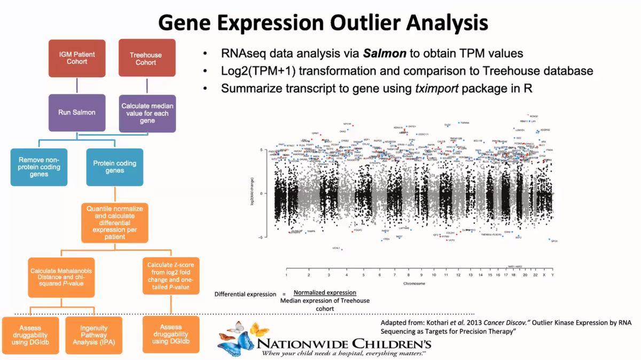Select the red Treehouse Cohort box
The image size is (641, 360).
click(146, 58)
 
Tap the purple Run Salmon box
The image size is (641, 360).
click(77, 113)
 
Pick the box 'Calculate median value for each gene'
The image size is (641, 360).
click(147, 113)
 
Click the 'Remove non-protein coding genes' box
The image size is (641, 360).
click(39, 167)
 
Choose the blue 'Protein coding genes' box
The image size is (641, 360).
click(115, 167)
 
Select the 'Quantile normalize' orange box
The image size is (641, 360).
click(115, 222)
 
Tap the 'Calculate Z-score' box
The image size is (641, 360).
click(171, 276)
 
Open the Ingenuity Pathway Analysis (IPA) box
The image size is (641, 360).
click(94, 335)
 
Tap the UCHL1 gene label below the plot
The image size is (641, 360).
click(336, 248)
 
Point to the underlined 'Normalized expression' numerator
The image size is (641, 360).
click(325, 293)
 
